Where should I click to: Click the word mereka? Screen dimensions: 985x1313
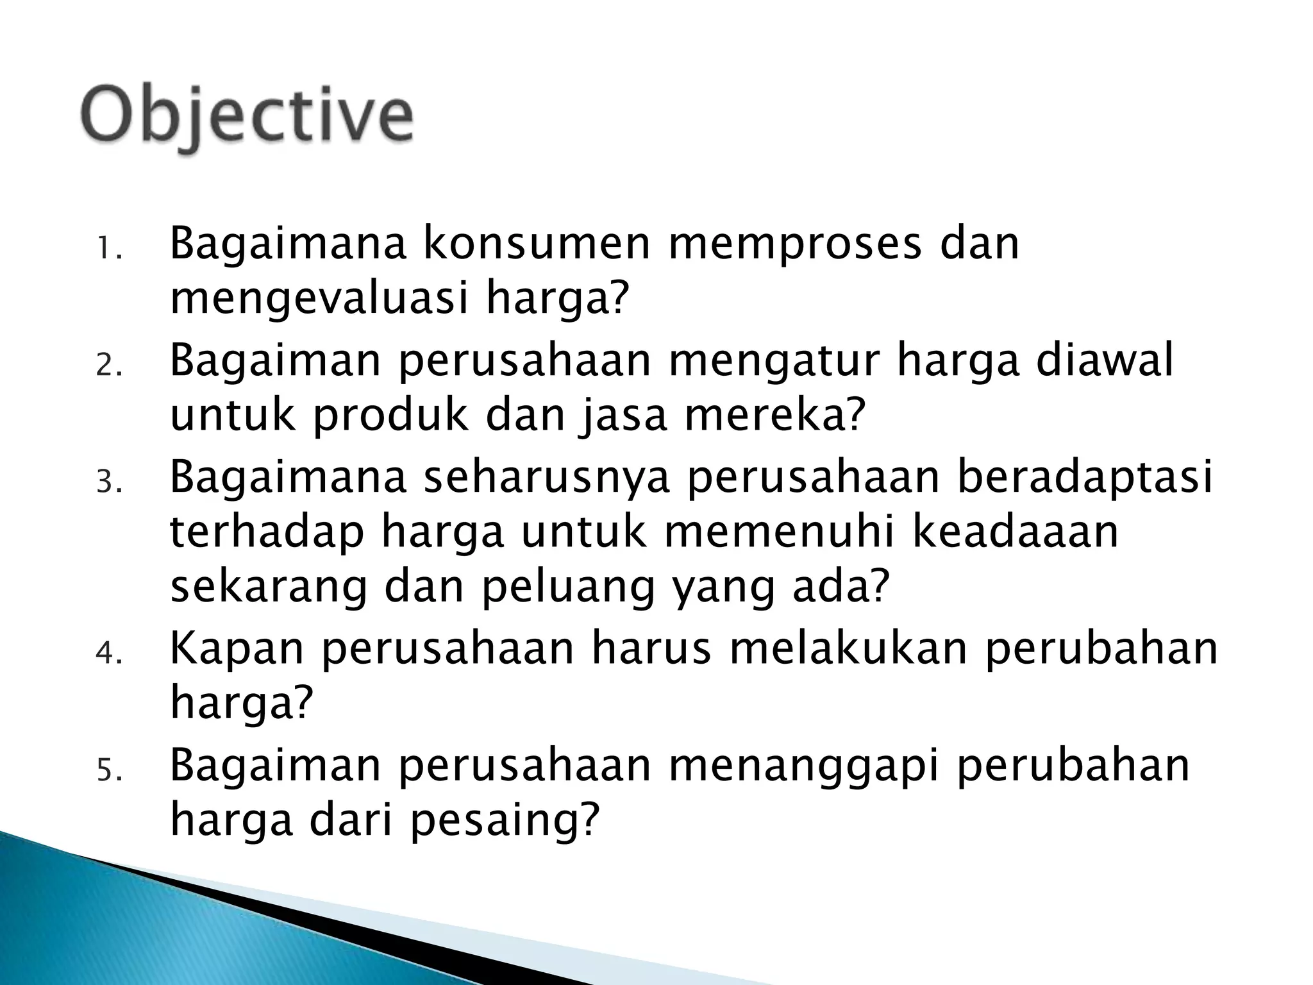775,416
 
